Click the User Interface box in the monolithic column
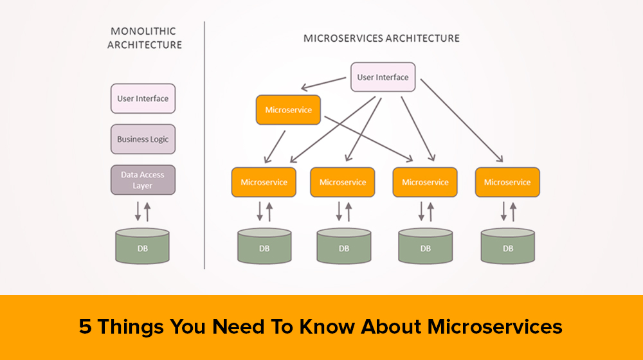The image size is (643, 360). point(143,98)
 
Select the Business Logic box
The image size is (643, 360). point(143,139)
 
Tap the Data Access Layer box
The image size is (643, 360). point(143,180)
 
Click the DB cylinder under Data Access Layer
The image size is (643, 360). point(143,246)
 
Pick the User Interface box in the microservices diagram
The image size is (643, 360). point(383,77)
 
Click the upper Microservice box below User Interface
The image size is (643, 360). point(288,110)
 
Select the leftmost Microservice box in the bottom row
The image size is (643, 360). point(264,182)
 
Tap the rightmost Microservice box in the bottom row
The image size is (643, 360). point(507,182)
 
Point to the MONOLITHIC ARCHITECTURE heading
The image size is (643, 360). point(145,38)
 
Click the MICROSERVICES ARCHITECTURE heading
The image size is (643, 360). point(381,39)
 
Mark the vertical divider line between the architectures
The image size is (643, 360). point(204,145)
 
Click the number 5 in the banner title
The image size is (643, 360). point(85,327)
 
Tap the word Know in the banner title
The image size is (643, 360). point(327,327)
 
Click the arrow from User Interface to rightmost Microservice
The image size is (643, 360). point(460,119)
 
